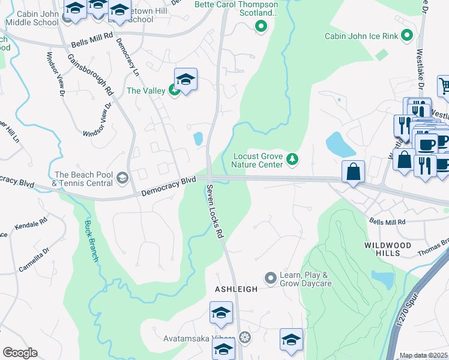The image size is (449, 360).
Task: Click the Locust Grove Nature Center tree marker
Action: (x=292, y=159)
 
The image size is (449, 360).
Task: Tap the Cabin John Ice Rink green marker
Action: (x=408, y=36)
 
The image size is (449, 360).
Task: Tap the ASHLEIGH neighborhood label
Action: (x=237, y=289)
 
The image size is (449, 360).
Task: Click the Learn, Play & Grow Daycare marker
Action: (x=270, y=278)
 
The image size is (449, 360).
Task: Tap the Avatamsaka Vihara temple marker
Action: (x=244, y=337)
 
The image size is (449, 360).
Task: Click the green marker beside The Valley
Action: (x=173, y=91)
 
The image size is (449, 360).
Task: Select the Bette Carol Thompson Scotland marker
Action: (x=261, y=26)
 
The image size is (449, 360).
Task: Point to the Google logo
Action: (x=20, y=353)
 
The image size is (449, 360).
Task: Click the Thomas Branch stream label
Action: (x=436, y=245)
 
